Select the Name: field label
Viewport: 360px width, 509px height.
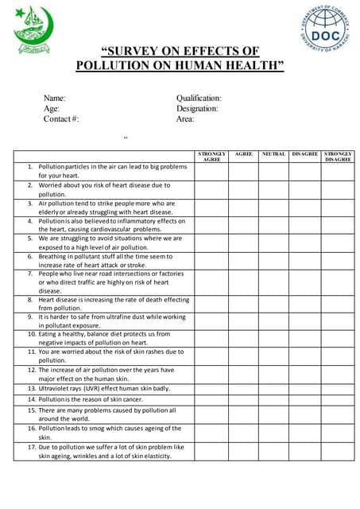pyautogui.click(x=55, y=98)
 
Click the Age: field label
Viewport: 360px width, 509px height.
pyautogui.click(x=52, y=108)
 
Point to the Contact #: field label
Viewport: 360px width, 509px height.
pyautogui.click(x=61, y=119)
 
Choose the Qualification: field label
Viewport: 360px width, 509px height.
pyautogui.click(x=199, y=98)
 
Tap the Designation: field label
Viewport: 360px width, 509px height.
pyautogui.click(x=197, y=108)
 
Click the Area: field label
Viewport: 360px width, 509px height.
pyautogui.click(x=185, y=119)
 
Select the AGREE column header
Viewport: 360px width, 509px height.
pyautogui.click(x=244, y=153)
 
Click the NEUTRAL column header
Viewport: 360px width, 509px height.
pyautogui.click(x=273, y=153)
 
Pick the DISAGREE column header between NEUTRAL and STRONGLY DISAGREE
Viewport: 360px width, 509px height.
pyautogui.click(x=305, y=153)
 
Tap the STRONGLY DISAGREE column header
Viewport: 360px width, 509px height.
pyautogui.click(x=338, y=156)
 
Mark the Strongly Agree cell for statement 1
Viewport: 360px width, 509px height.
pyautogui.click(x=211, y=171)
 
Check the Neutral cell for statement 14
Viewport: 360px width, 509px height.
pyautogui.click(x=273, y=398)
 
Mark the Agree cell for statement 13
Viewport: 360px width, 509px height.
pyautogui.click(x=244, y=388)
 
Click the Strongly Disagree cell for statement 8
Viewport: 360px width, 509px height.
pyautogui.click(x=338, y=304)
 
